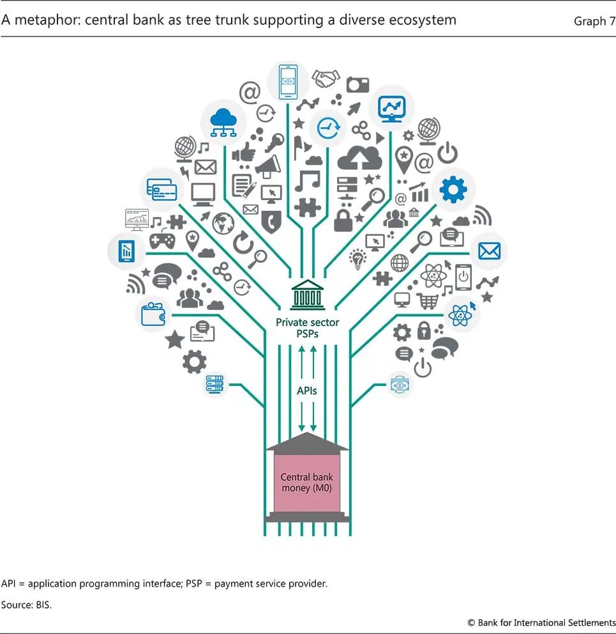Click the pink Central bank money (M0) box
(x=306, y=483)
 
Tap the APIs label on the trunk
(x=306, y=391)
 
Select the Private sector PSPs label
(x=308, y=328)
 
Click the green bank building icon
(x=308, y=295)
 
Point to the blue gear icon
(x=453, y=189)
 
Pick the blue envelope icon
(x=489, y=251)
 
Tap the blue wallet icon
(x=153, y=314)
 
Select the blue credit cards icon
(x=162, y=190)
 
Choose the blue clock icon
(x=328, y=128)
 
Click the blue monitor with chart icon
(x=391, y=109)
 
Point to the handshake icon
(x=326, y=78)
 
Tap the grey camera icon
(x=357, y=85)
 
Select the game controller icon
(x=162, y=240)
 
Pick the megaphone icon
(x=268, y=166)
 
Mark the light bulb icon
(x=357, y=259)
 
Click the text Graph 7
(x=594, y=21)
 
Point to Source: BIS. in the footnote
(x=26, y=605)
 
